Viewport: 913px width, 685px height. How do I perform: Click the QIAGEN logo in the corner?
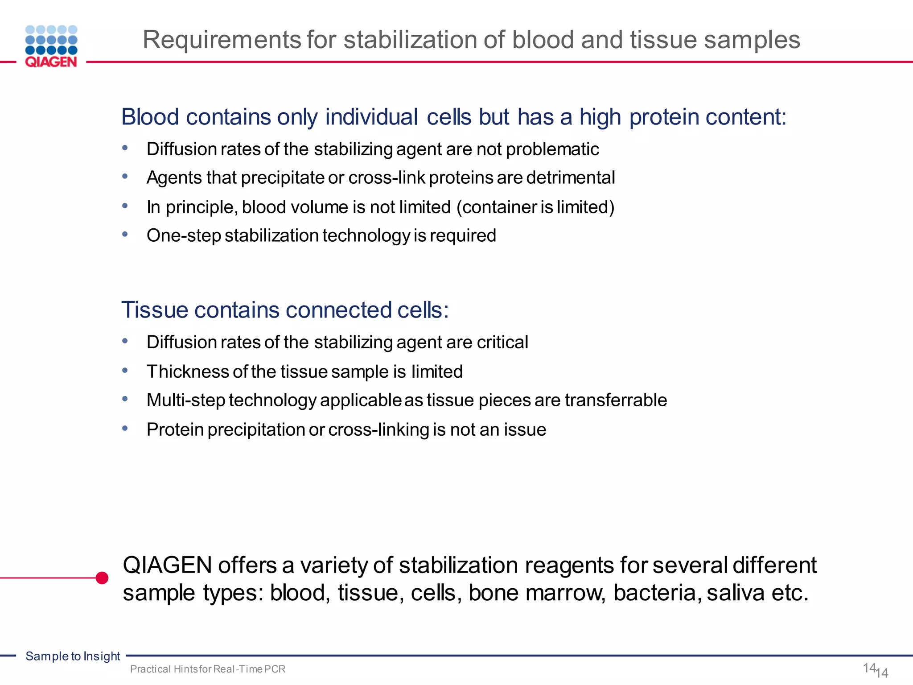[x=51, y=46]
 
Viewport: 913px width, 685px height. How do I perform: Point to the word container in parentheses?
[x=500, y=207]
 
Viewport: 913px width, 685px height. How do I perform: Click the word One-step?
[x=183, y=236]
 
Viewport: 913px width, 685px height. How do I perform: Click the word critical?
[x=502, y=342]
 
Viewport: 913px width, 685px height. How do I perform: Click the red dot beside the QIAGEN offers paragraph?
[x=102, y=578]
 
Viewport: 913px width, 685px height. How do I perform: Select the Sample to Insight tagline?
[x=73, y=656]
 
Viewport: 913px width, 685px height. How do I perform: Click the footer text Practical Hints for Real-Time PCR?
[x=208, y=669]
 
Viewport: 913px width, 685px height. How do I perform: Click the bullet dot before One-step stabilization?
[x=125, y=234]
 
